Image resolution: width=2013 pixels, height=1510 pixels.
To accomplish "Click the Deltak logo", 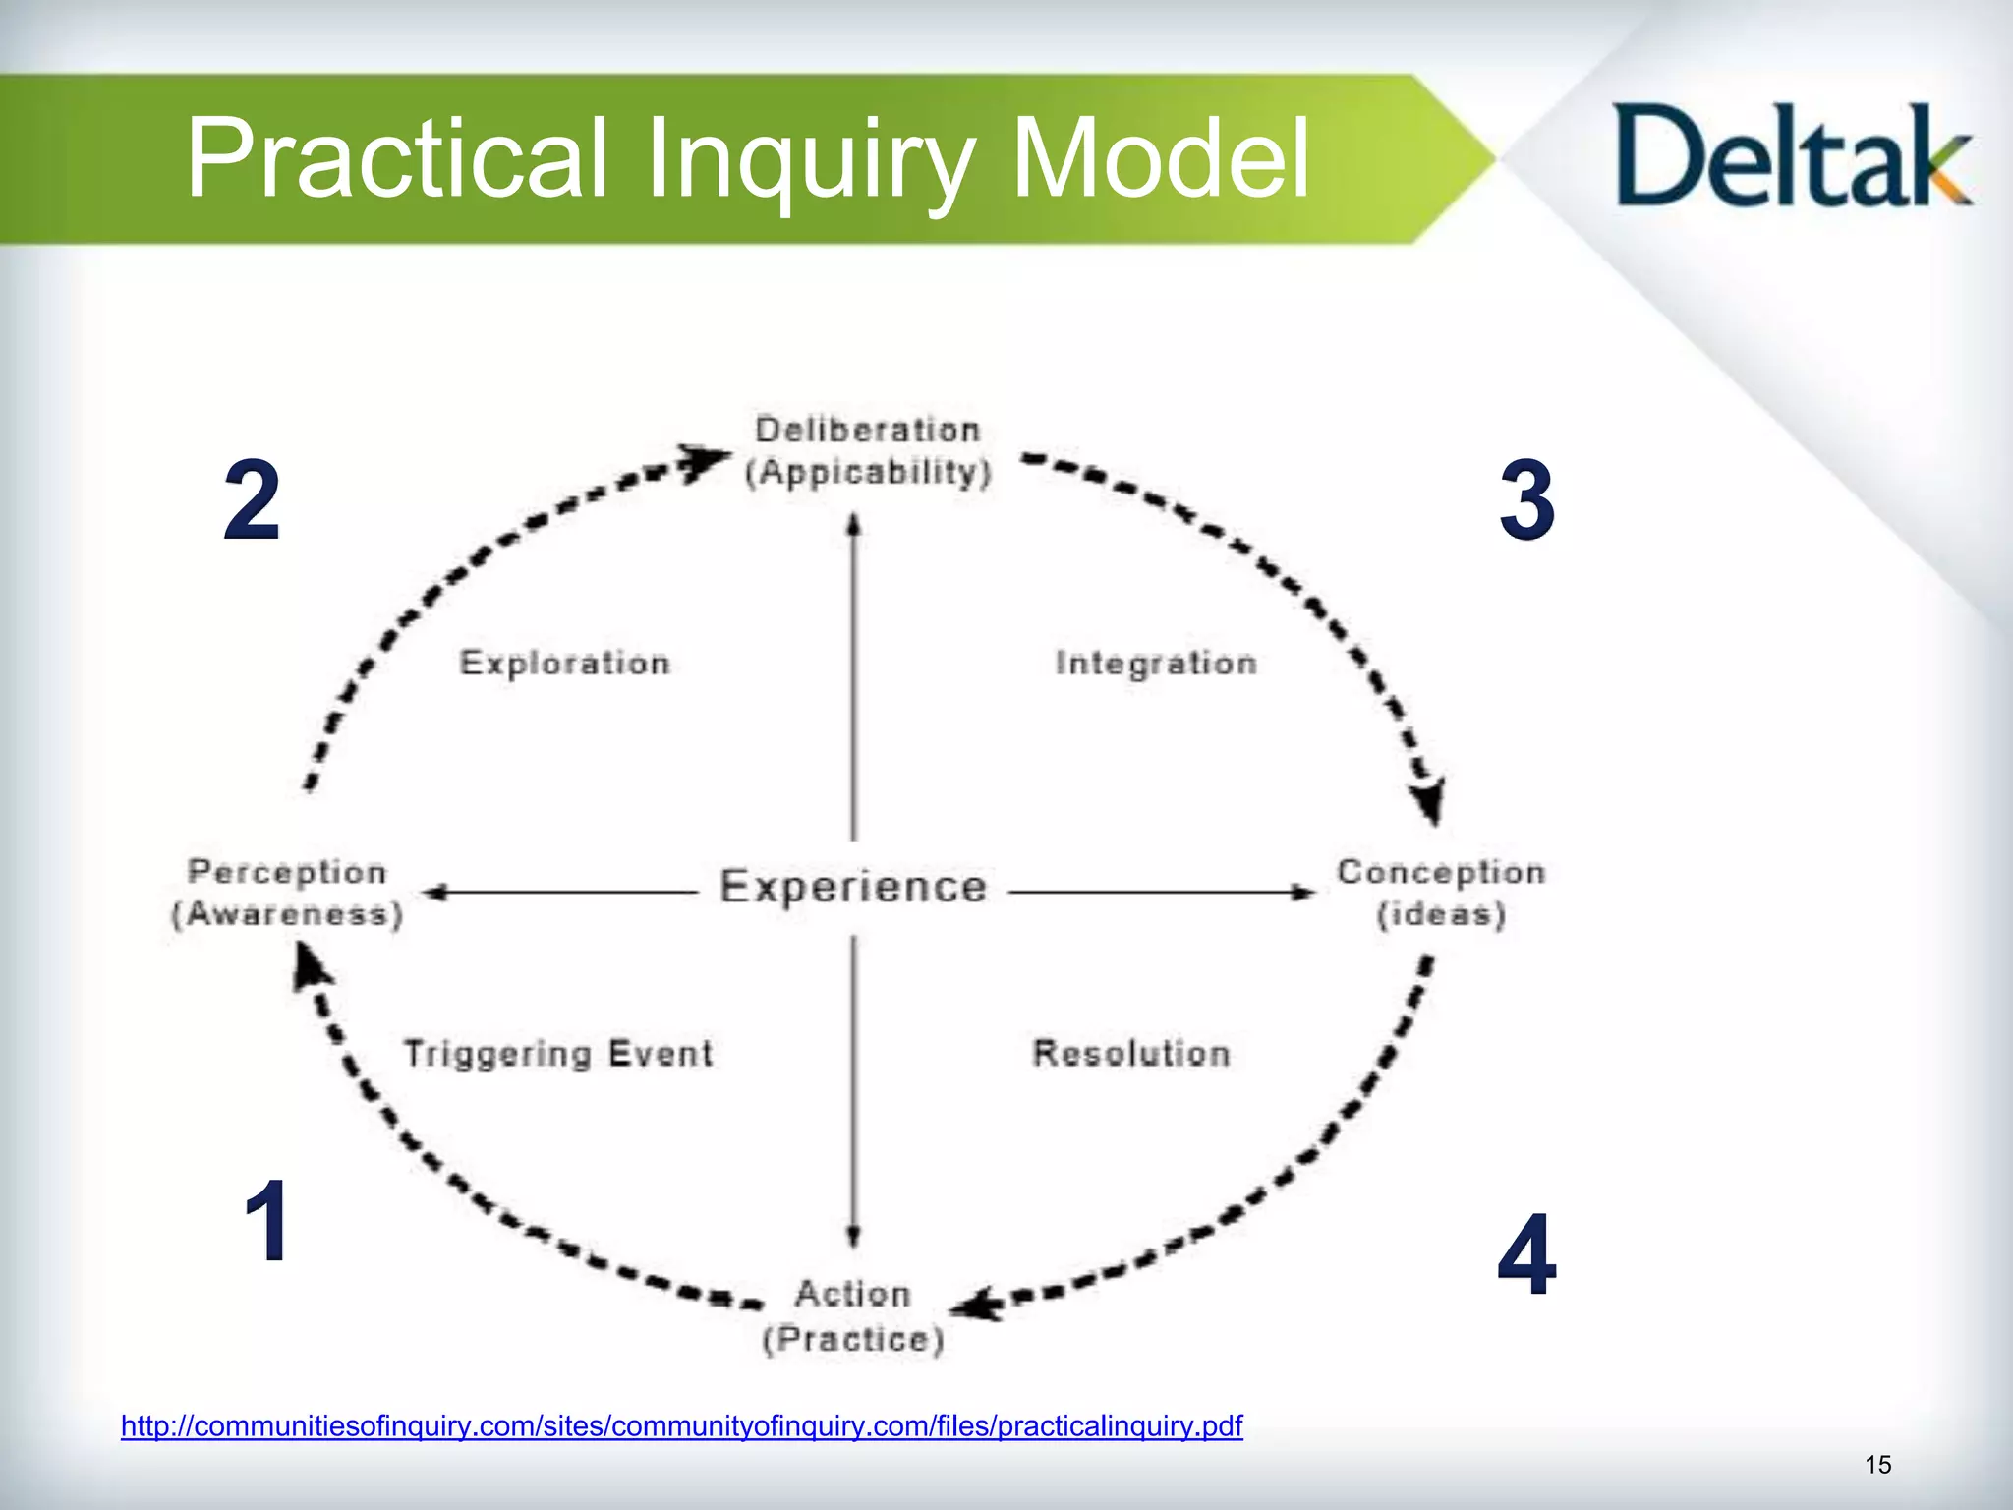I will [1791, 157].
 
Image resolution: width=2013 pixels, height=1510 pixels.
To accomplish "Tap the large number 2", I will [252, 500].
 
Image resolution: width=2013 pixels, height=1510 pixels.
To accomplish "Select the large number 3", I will [1526, 500].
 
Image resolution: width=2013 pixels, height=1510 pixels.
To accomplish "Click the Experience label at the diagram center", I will [853, 887].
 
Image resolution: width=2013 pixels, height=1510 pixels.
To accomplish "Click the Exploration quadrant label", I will [565, 664].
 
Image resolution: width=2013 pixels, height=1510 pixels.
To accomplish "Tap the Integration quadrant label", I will [1156, 664].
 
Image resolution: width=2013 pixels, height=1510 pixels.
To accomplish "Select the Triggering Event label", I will [558, 1054].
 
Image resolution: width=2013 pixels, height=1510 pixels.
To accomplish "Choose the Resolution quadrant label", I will [1131, 1054].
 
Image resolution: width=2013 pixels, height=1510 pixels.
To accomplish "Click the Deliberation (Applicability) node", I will [868, 451].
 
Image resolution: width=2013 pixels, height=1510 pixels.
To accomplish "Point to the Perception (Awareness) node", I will [287, 893].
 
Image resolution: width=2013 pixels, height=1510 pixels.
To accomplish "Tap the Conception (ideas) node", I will [1441, 893].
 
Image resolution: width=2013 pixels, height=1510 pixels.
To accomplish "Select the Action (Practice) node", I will [853, 1316].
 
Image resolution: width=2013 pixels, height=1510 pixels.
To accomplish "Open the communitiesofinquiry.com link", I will [681, 1425].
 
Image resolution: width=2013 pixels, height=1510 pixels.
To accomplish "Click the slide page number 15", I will [1877, 1465].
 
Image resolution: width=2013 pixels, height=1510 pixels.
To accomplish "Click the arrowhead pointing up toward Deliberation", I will [854, 525].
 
